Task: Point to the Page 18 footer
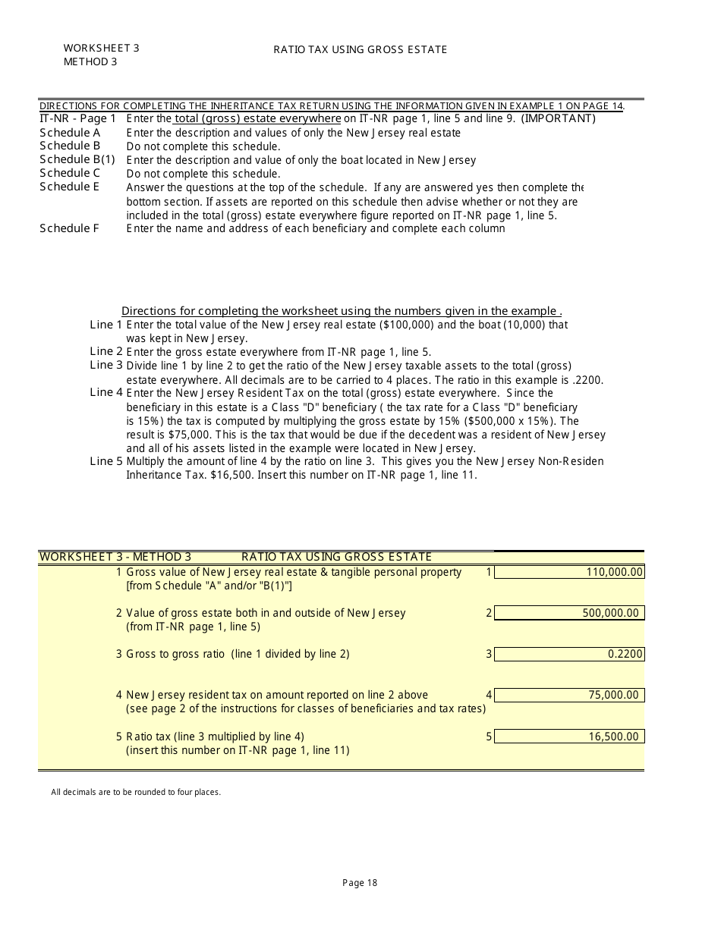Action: tap(360, 882)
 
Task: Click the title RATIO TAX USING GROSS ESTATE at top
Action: tap(360, 49)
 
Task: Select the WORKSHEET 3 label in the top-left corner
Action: tap(101, 48)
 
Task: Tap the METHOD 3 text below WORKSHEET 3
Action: tap(90, 61)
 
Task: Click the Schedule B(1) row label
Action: tap(77, 159)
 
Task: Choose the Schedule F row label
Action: tap(69, 228)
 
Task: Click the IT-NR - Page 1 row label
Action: tap(78, 118)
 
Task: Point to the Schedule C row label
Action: tap(70, 173)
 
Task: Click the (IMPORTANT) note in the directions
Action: tap(558, 118)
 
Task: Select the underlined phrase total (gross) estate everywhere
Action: tap(258, 118)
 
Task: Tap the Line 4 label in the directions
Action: tap(106, 393)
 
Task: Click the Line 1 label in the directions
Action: tap(106, 325)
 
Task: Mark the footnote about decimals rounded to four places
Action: tap(136, 792)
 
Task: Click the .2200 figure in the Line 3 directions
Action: tap(587, 380)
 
